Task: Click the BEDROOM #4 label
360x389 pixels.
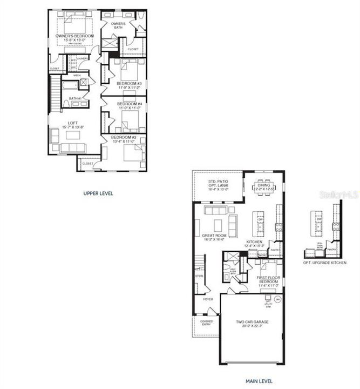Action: (x=129, y=105)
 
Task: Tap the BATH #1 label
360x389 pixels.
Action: (x=75, y=98)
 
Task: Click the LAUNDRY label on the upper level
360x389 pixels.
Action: (x=82, y=58)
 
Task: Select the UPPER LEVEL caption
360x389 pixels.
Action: (x=98, y=193)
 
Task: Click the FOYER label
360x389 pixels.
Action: (x=208, y=299)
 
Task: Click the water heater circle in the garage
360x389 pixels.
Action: (x=278, y=298)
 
